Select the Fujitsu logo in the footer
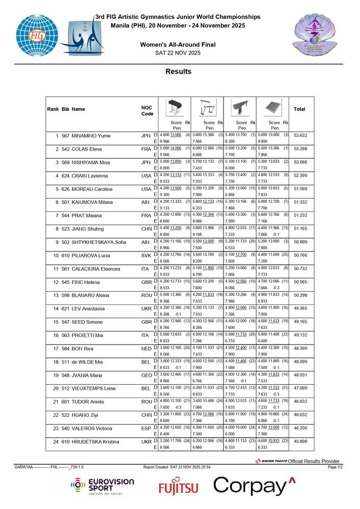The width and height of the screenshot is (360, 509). click(x=178, y=488)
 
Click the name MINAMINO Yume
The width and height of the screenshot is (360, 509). click(x=91, y=136)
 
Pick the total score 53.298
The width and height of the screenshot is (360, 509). click(x=299, y=149)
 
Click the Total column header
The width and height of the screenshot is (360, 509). click(x=299, y=109)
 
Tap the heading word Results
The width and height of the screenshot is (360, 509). click(x=178, y=72)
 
